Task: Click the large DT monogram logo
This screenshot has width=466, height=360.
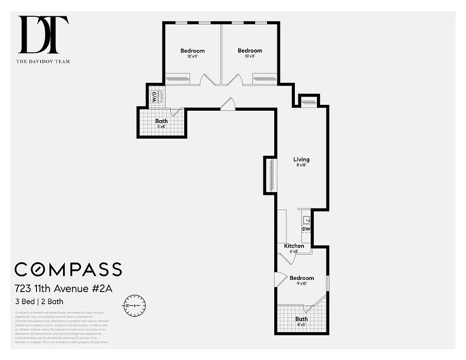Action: coord(43,35)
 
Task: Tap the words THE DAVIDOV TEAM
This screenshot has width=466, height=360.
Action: coord(43,62)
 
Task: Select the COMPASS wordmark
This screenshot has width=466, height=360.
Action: coord(68,269)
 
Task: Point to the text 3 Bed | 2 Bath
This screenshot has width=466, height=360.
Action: coord(39,301)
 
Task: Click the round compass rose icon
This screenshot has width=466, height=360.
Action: coord(134,305)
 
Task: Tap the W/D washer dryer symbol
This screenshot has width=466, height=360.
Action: coord(156,96)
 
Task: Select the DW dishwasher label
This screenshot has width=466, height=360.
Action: coord(306,229)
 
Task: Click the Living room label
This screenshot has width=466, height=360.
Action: coord(301,159)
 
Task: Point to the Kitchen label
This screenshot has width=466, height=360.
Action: coord(294,246)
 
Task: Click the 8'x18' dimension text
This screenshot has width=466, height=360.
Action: coord(301,165)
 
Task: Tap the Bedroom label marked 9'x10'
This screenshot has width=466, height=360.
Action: coord(302,278)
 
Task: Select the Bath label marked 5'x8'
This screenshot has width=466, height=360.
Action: coord(161,121)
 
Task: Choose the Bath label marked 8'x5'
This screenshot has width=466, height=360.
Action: coord(302,319)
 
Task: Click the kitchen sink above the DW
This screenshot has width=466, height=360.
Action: coord(306,220)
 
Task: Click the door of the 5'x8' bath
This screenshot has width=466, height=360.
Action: coord(175,112)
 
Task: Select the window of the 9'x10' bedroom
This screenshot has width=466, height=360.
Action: coord(328,282)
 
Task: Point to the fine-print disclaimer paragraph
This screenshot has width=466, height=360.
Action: coord(61,327)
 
